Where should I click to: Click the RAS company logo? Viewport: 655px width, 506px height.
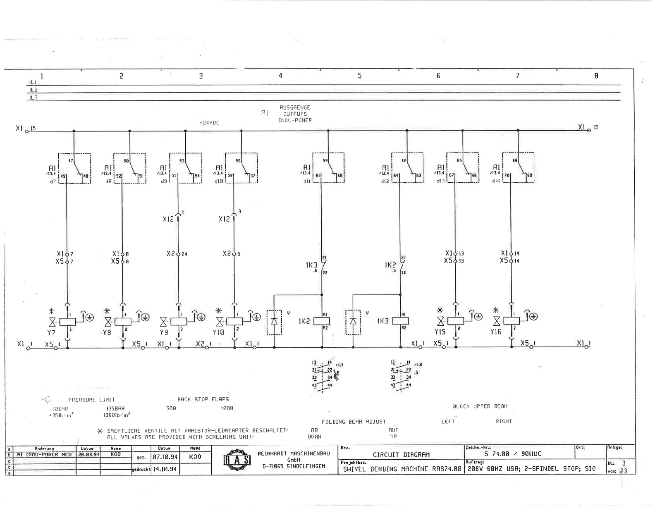click(x=237, y=460)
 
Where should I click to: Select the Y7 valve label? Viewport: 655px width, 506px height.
click(x=51, y=332)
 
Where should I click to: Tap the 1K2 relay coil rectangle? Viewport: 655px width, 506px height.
click(x=322, y=321)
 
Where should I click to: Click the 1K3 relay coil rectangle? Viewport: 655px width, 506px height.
click(x=400, y=321)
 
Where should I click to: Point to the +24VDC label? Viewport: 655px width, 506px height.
click(x=209, y=123)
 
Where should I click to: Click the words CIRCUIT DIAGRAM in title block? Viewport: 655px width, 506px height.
click(x=401, y=455)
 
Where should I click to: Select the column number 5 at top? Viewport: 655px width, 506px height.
click(x=360, y=76)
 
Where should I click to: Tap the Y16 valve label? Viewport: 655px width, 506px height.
click(x=496, y=332)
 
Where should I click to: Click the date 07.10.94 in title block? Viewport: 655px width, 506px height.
click(x=165, y=457)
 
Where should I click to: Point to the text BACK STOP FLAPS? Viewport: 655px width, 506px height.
click(x=203, y=399)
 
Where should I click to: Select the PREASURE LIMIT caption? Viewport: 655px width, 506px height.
click(x=92, y=400)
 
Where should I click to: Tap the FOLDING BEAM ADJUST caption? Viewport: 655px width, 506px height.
click(x=354, y=422)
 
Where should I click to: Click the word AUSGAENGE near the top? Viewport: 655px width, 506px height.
click(x=295, y=107)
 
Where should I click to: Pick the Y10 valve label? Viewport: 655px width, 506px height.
click(x=218, y=332)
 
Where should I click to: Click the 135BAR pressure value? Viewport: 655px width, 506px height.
click(x=115, y=408)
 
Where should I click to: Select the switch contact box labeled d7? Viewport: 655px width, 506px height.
click(x=74, y=168)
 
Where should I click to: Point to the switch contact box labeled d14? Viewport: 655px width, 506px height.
click(x=518, y=168)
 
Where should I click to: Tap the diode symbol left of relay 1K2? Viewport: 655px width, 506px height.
click(x=274, y=322)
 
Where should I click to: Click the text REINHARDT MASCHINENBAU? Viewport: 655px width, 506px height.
click(x=294, y=453)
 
